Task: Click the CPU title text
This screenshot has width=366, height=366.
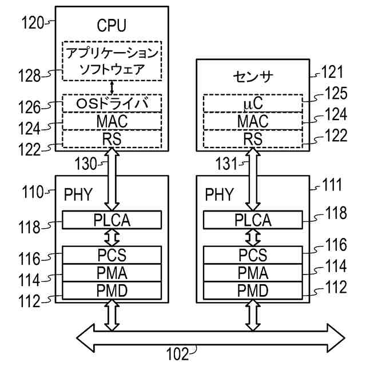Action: click(112, 25)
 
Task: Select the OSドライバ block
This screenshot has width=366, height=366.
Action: click(112, 104)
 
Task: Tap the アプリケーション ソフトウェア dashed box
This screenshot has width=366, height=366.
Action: click(112, 61)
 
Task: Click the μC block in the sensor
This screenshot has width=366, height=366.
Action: click(253, 104)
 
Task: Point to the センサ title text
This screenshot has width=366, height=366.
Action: click(253, 77)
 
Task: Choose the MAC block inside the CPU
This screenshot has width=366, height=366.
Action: click(112, 121)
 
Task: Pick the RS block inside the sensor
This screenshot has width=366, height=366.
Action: click(253, 139)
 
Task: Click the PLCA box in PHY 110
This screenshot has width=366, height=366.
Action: click(112, 220)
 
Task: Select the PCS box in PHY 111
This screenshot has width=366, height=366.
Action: click(253, 255)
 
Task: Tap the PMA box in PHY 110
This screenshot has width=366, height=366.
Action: click(112, 273)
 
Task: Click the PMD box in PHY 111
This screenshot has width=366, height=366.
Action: click(253, 291)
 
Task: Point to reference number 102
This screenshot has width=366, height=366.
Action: click(177, 355)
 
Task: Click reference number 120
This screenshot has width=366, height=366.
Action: click(33, 23)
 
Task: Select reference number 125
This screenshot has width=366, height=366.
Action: click(336, 93)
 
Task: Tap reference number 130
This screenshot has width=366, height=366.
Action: click(86, 164)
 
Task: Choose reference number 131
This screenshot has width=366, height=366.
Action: click(226, 164)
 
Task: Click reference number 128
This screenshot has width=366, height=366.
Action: click(29, 76)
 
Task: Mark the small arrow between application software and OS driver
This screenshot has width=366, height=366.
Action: click(112, 87)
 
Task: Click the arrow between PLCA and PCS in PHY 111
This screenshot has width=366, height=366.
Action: click(253, 238)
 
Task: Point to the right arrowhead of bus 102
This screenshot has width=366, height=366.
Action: click(336, 338)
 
